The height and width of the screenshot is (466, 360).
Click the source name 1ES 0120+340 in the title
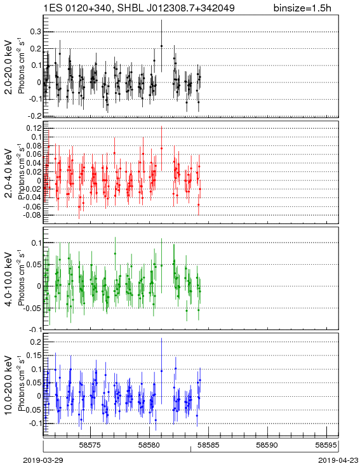[x=78, y=8]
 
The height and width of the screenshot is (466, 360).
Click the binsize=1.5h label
[x=302, y=8]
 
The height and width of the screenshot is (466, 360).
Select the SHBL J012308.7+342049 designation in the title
[x=176, y=8]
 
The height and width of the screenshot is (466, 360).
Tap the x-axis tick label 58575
[x=90, y=445]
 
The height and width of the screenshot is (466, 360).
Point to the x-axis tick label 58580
[x=150, y=445]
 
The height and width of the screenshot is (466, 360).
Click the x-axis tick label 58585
[x=209, y=445]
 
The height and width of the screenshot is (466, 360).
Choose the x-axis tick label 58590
[x=267, y=445]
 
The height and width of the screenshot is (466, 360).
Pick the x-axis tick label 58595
[x=326, y=445]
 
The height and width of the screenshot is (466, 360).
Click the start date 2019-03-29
[x=43, y=460]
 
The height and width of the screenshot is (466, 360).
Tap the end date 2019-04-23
[x=338, y=460]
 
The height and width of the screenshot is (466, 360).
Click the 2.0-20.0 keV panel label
[x=9, y=67]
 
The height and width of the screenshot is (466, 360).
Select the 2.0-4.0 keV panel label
[x=9, y=173]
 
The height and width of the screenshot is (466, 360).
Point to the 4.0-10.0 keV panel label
[x=9, y=279]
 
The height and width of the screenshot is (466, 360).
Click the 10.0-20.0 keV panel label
[x=9, y=385]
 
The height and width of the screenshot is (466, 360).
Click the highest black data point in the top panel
[x=161, y=46]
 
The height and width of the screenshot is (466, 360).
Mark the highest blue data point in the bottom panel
[x=161, y=371]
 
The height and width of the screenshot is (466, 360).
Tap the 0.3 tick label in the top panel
[x=36, y=32]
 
